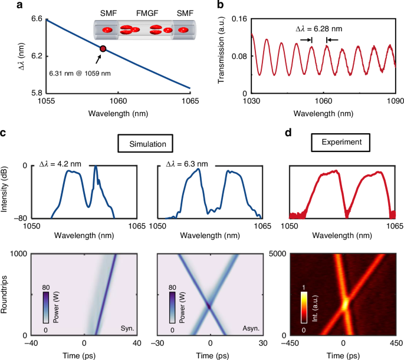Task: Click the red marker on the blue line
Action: [103, 49]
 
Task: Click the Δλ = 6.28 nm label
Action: [318, 29]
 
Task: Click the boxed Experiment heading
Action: [341, 143]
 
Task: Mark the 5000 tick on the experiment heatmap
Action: [277, 254]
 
